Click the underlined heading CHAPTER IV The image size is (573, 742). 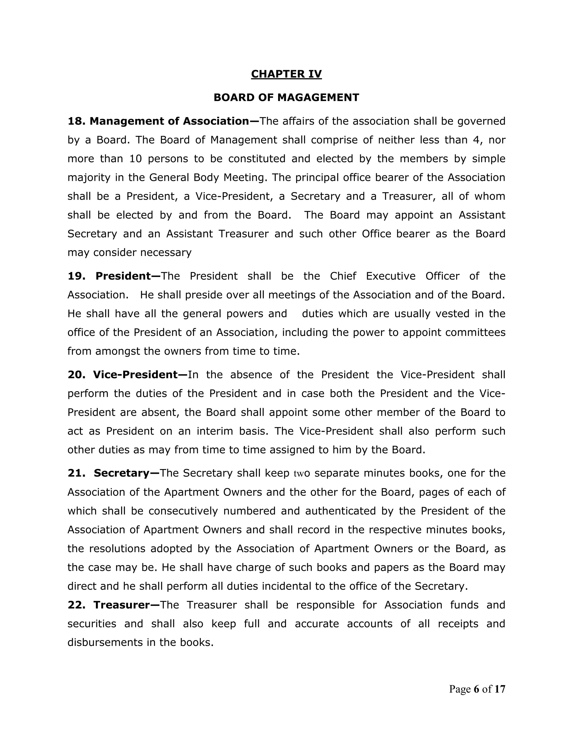286,74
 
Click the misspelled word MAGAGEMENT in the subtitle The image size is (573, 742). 318,97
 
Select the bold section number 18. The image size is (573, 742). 76,121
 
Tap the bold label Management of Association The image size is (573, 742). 170,121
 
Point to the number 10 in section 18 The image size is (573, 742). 135,159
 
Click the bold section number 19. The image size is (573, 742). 76,276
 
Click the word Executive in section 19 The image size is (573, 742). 390,276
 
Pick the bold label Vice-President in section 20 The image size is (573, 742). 135,374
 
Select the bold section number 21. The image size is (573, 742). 76,473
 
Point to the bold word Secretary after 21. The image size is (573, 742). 121,473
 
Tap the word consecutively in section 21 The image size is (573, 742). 183,511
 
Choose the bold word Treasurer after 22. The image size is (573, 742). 121,605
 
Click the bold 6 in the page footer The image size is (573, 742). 476,689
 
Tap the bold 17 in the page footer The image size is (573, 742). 500,689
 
